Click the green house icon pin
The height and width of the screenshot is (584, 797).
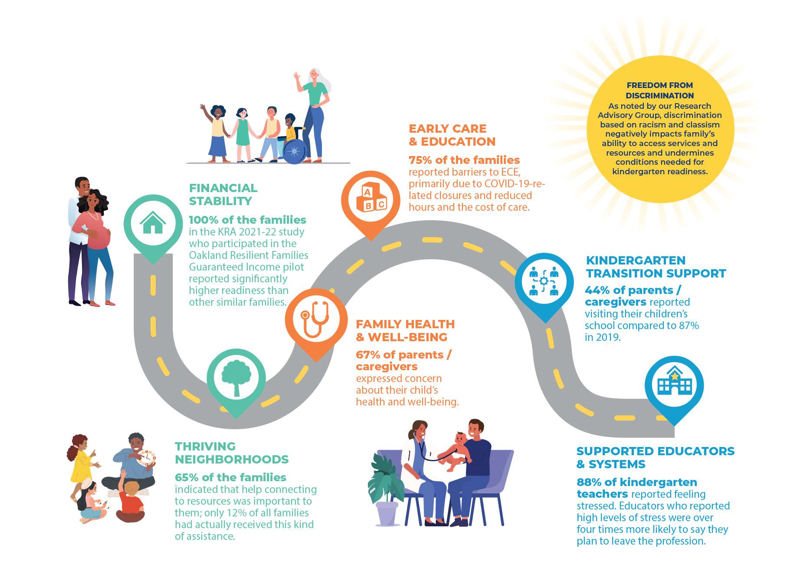[153, 223]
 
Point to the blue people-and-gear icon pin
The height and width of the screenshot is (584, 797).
[544, 282]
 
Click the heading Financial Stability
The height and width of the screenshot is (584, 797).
[223, 194]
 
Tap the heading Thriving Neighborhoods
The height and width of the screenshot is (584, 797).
[231, 453]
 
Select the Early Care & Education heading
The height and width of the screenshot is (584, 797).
[452, 135]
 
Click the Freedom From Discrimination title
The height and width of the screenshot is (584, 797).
[659, 90]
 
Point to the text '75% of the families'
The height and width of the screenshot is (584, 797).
[464, 160]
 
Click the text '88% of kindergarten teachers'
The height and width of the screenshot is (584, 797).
[637, 488]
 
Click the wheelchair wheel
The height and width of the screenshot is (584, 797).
[295, 152]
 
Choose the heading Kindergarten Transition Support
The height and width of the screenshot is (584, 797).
[655, 267]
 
